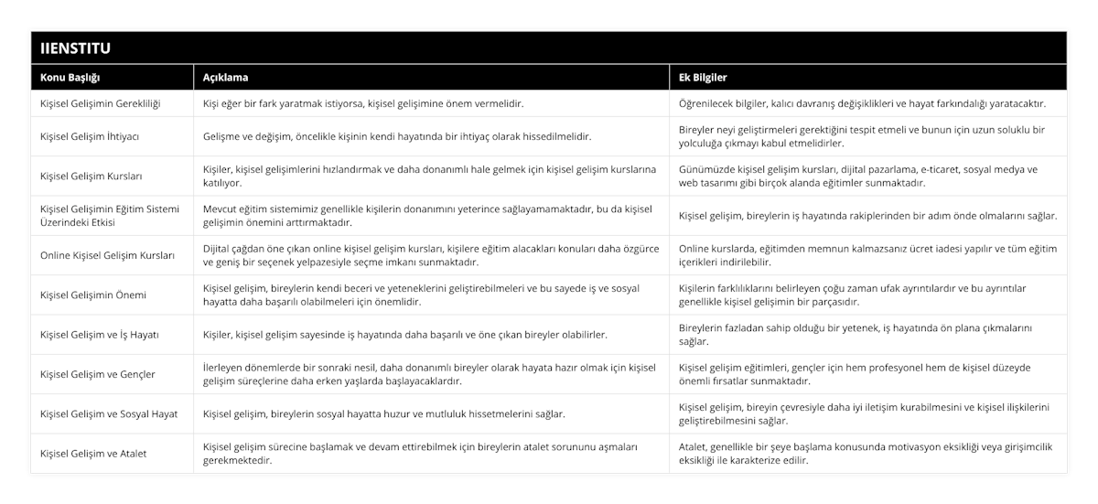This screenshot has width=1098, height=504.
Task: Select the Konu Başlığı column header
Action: (x=70, y=78)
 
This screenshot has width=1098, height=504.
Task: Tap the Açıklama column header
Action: (x=225, y=78)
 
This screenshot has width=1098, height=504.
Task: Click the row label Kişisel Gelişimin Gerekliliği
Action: (x=101, y=103)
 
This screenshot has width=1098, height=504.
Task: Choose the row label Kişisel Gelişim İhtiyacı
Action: (x=90, y=136)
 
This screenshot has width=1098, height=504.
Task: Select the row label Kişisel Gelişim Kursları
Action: (x=91, y=176)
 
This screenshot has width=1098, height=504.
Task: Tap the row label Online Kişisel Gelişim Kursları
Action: (x=105, y=255)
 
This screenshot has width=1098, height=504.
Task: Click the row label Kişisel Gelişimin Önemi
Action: (x=93, y=295)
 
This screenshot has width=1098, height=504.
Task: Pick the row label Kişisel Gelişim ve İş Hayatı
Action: (x=100, y=335)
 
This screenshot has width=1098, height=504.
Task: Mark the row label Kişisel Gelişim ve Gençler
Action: (x=98, y=374)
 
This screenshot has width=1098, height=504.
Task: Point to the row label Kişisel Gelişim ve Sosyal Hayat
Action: (x=109, y=413)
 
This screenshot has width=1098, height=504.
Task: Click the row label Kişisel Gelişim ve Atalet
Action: (x=93, y=453)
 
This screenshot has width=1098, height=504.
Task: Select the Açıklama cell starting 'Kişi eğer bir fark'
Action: (x=363, y=103)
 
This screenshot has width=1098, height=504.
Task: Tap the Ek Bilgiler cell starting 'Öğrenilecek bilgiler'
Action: (x=862, y=103)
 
